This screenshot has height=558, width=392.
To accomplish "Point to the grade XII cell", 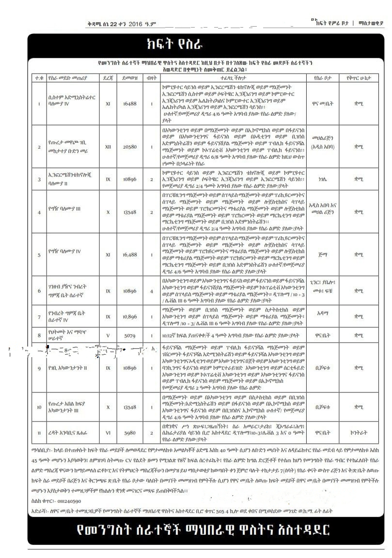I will pos(108,146).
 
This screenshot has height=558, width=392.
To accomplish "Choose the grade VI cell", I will pos(108,432).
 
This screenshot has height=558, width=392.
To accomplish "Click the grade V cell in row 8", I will pos(108,335).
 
